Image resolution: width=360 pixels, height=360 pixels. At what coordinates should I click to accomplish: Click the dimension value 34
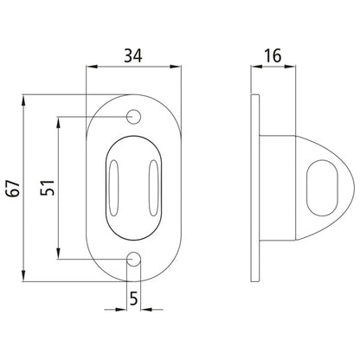134,56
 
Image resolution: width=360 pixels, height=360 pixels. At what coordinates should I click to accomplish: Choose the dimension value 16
272,56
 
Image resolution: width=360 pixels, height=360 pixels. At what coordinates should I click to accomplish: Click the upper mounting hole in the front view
134,116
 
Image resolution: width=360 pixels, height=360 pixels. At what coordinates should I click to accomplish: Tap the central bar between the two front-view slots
134,186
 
